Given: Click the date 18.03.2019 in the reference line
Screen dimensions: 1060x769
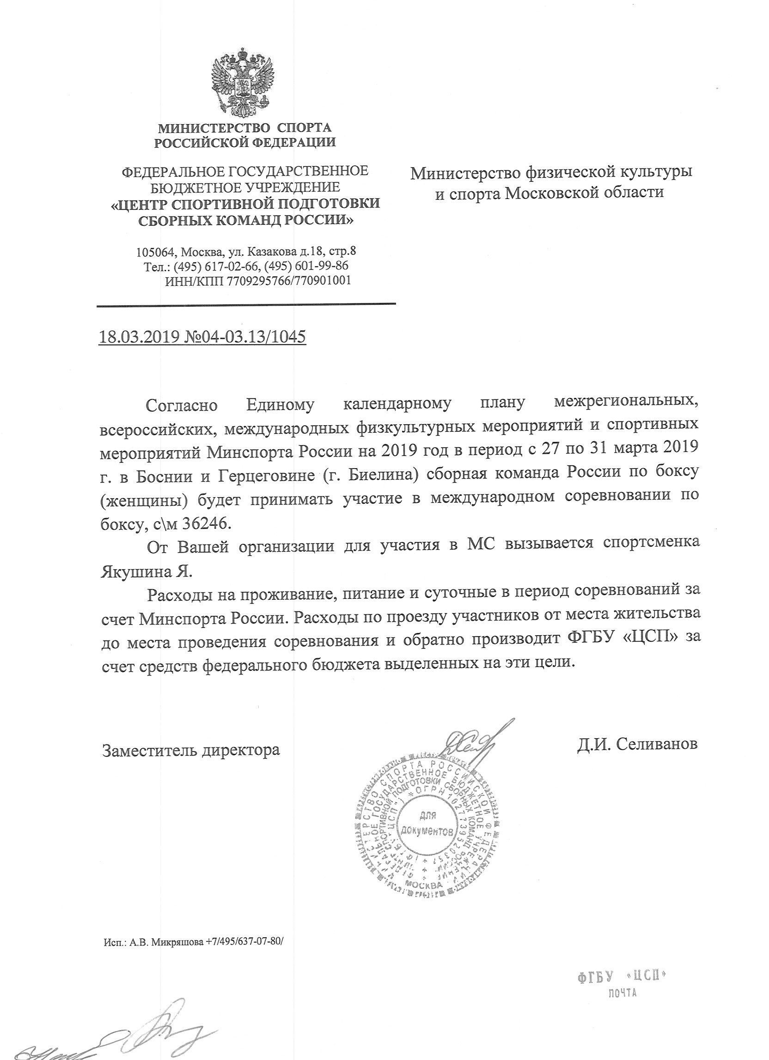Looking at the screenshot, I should [138, 337].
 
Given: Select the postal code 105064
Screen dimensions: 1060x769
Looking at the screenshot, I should [155, 253].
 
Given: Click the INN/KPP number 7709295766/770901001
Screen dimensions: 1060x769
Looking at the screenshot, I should [287, 281].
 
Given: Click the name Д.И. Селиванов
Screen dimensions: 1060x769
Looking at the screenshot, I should [637, 744].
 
